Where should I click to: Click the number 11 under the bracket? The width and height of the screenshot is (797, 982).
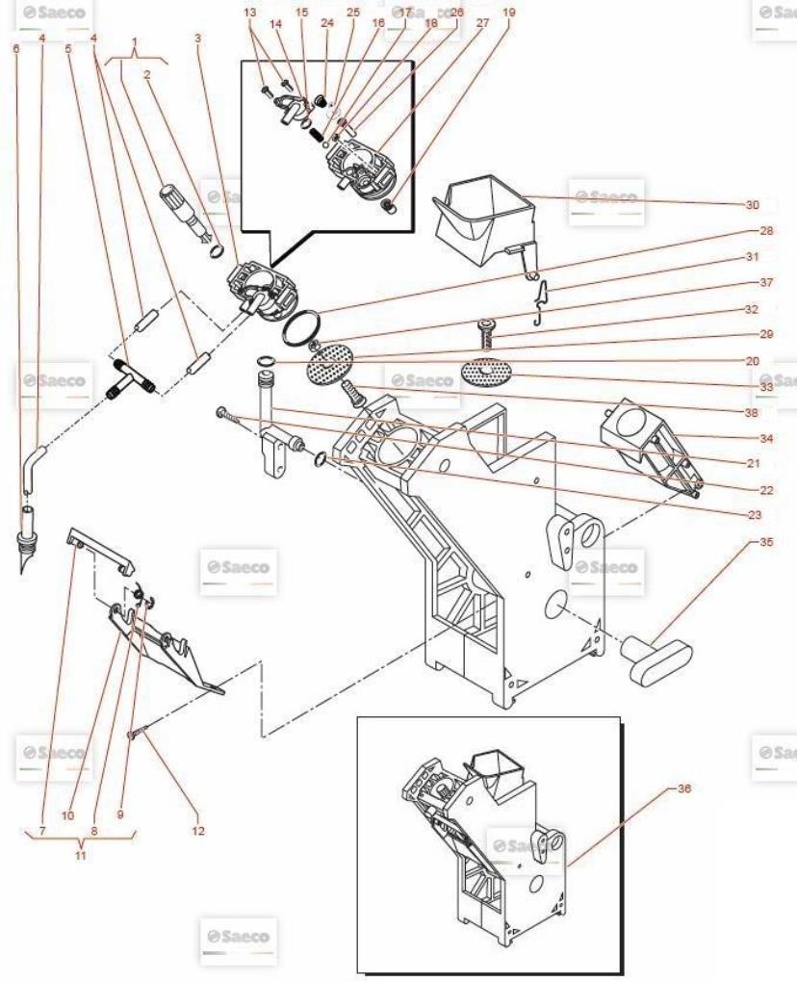[80, 854]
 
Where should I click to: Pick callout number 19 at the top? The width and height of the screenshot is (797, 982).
[509, 13]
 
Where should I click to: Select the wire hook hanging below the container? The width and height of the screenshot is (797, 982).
[542, 293]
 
